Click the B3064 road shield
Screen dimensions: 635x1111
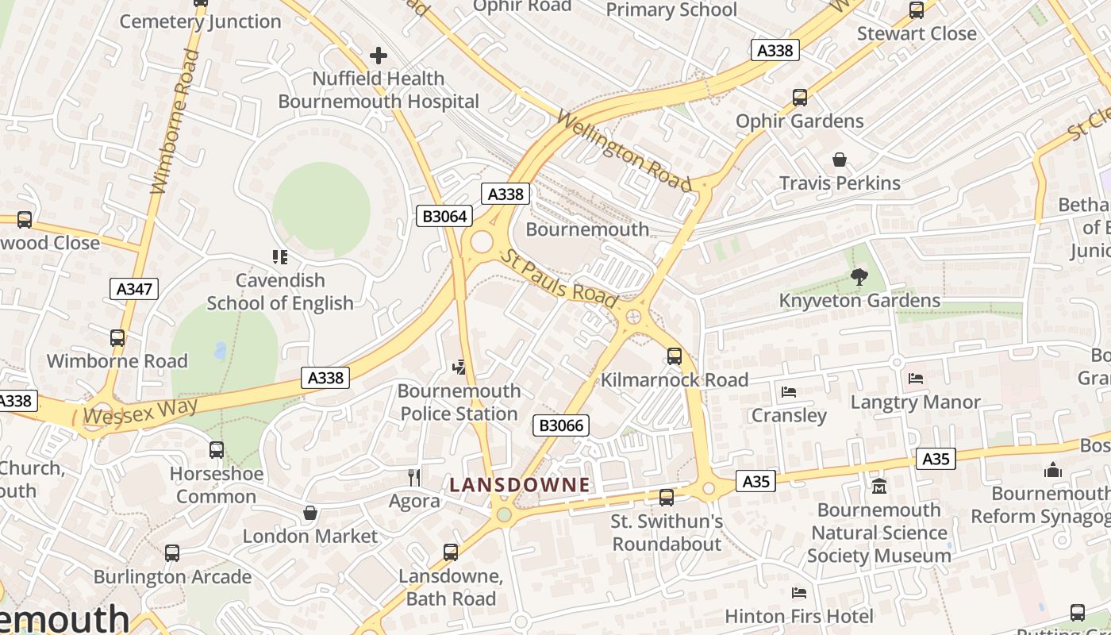[x=444, y=216]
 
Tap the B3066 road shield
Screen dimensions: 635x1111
[x=561, y=425]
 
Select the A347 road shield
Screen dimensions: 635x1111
[x=134, y=289]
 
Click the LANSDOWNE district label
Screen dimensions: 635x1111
[x=520, y=485]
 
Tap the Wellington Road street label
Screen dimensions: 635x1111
[x=624, y=151]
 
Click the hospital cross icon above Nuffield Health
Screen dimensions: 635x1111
[x=379, y=56]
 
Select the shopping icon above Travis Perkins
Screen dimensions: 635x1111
[x=840, y=160]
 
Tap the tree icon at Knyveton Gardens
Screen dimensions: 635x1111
[x=859, y=277]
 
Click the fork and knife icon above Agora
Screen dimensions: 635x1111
[x=414, y=477]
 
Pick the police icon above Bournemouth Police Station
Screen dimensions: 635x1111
[x=459, y=367]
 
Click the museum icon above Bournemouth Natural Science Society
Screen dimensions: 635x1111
[x=878, y=486]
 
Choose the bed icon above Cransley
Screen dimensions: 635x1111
[x=789, y=392]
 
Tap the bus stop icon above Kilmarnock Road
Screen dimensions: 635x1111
[x=675, y=356]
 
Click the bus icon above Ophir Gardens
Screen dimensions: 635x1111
[x=800, y=98]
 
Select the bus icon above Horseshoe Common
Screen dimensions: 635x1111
[x=217, y=450]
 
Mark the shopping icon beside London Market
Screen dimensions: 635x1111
[x=310, y=513]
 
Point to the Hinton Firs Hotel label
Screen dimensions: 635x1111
[x=799, y=616]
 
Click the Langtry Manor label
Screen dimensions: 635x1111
[x=915, y=402]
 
